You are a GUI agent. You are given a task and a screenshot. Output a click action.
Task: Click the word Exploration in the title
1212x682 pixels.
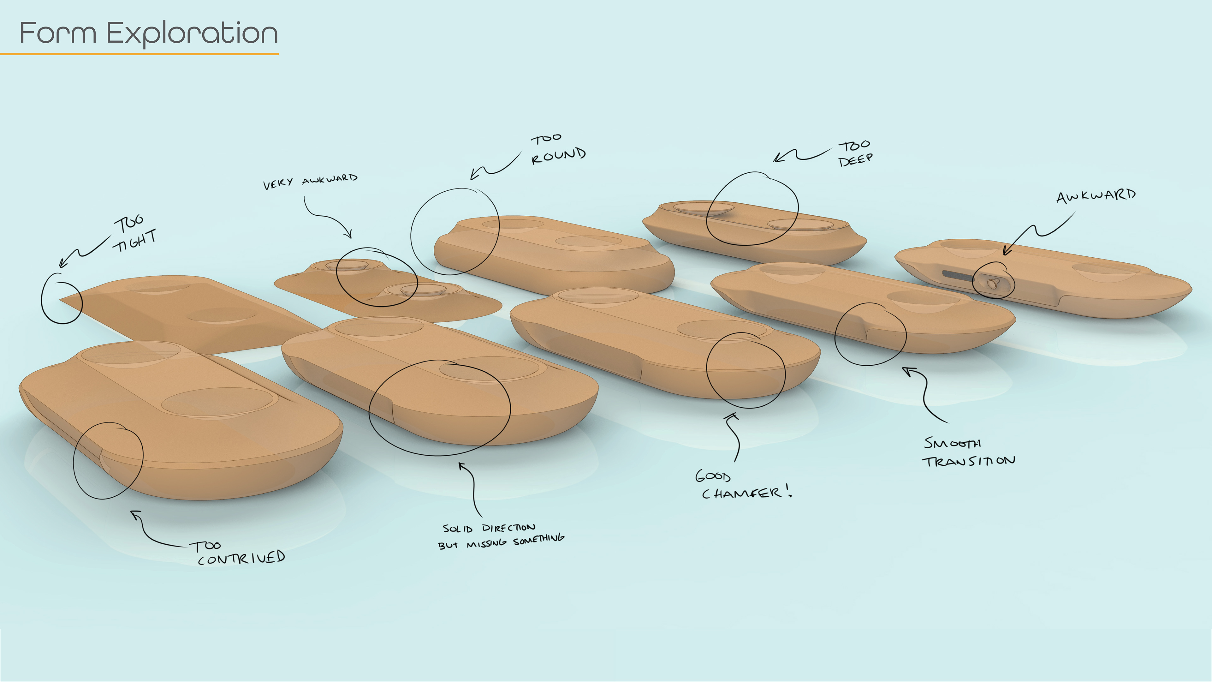click(192, 34)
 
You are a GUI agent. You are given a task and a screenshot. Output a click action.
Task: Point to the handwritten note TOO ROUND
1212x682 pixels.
click(557, 148)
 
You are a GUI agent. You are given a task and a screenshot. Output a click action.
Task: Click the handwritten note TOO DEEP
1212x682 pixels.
click(855, 153)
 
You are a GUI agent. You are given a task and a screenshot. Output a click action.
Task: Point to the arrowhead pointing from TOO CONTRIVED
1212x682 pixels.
click(135, 514)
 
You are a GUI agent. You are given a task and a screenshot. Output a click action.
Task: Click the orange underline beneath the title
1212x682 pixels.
click(139, 54)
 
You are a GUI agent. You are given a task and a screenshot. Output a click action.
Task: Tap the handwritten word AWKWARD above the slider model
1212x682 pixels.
click(1096, 196)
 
